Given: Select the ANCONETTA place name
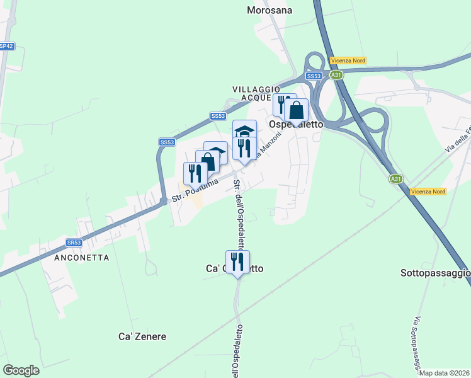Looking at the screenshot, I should click(x=82, y=258).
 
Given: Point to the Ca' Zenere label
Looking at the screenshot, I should click(x=142, y=336).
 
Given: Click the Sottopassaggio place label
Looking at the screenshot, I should click(x=435, y=273).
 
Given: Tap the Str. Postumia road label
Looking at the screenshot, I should click(x=195, y=190).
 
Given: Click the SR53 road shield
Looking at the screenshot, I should click(x=74, y=242).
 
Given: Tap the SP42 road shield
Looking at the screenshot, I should click(x=6, y=46).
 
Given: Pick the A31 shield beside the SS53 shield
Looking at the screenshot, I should click(x=337, y=75).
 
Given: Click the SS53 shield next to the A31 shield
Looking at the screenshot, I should click(x=314, y=76).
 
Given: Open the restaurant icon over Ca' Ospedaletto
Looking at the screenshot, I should click(x=237, y=261).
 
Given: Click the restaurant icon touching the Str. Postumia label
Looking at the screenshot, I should click(x=195, y=173).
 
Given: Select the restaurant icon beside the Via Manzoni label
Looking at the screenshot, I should click(x=244, y=148).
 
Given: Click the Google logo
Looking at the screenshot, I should click(x=21, y=370).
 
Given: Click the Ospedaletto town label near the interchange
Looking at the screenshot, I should click(x=296, y=125).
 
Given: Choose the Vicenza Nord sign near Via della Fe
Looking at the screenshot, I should click(x=428, y=191).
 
